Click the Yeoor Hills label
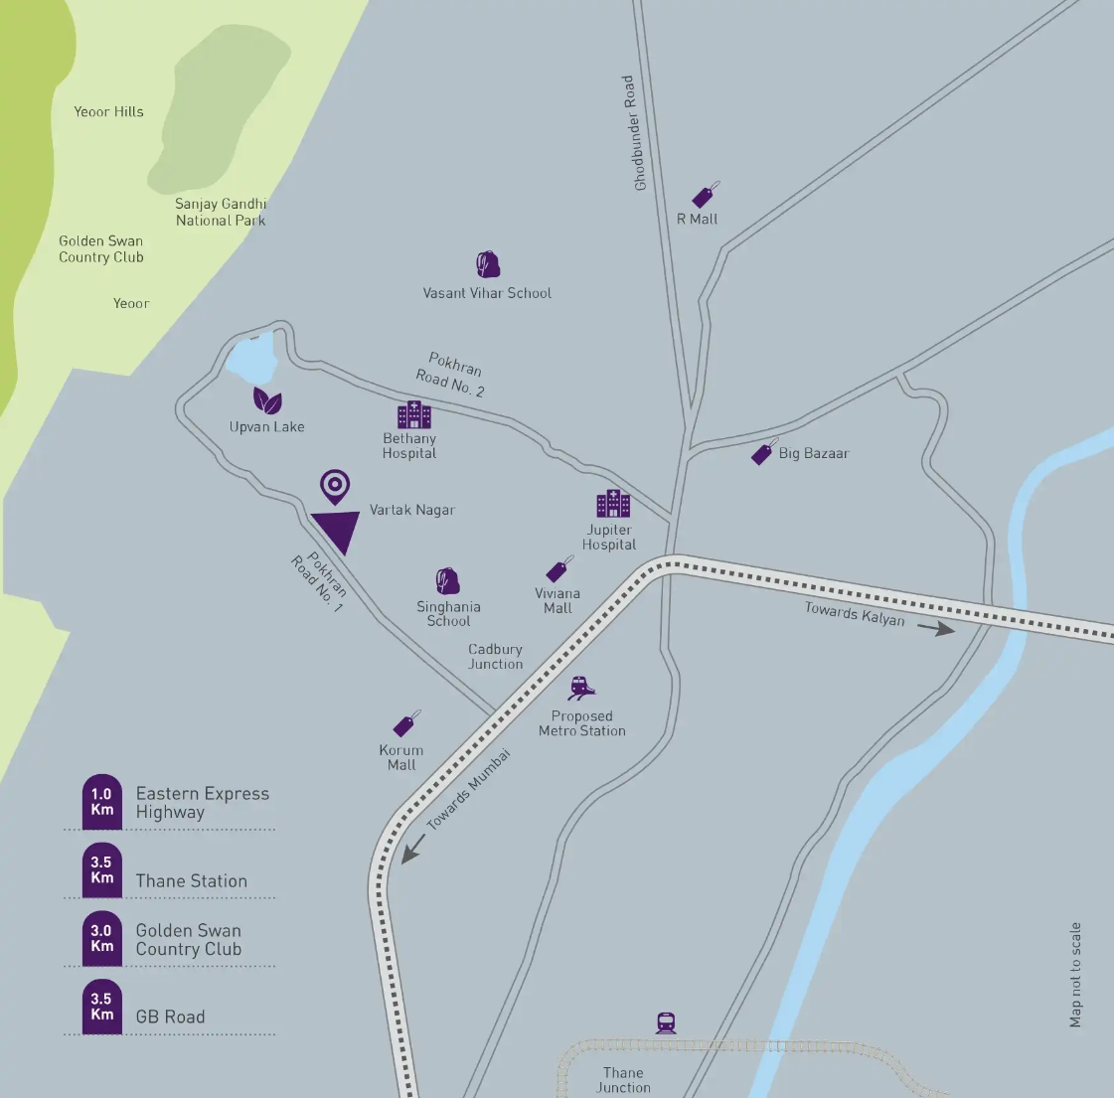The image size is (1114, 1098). coord(108,112)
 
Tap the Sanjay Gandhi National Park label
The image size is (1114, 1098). coord(221,212)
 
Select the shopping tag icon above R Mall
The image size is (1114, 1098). coord(706,195)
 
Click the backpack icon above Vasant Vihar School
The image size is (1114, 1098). coord(487,264)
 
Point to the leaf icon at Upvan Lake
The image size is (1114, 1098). coord(267,400)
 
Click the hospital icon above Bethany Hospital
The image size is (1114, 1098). coord(413,414)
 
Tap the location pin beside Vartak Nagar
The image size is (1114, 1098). coord(335,487)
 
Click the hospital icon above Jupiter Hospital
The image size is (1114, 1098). coord(612,504)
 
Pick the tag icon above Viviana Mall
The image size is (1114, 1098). coord(560,569)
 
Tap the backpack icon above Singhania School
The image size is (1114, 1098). coord(448,581)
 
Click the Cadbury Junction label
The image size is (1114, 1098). coord(495,657)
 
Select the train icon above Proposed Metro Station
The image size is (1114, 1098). coord(582,688)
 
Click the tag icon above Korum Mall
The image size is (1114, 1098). coord(405,724)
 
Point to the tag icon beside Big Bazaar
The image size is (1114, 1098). coord(763,452)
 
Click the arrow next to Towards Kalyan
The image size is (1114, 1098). coord(935,628)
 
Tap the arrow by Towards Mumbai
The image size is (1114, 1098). coord(412,849)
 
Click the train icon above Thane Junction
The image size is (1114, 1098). coord(666,1022)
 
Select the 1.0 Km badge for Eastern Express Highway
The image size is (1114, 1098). coord(102,801)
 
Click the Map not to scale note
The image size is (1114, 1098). coord(1075,975)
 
